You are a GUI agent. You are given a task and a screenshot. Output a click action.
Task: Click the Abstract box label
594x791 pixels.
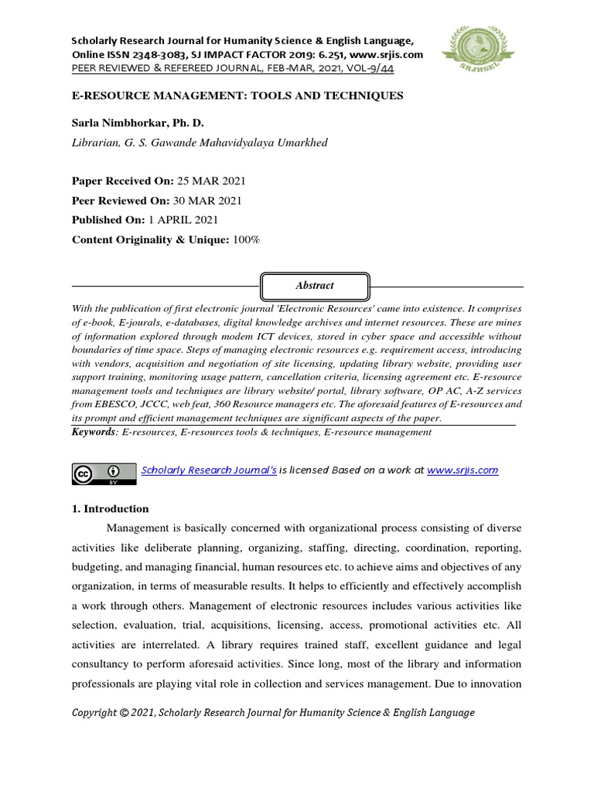(315, 285)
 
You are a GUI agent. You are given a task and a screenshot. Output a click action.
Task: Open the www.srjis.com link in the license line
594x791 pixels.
(463, 470)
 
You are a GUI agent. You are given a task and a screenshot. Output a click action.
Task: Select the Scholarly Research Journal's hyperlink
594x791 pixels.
(209, 470)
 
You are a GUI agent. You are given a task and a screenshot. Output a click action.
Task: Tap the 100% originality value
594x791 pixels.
(247, 240)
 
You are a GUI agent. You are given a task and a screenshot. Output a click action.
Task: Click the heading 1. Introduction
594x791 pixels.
(110, 509)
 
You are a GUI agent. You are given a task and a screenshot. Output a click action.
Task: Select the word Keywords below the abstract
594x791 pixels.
(92, 432)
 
